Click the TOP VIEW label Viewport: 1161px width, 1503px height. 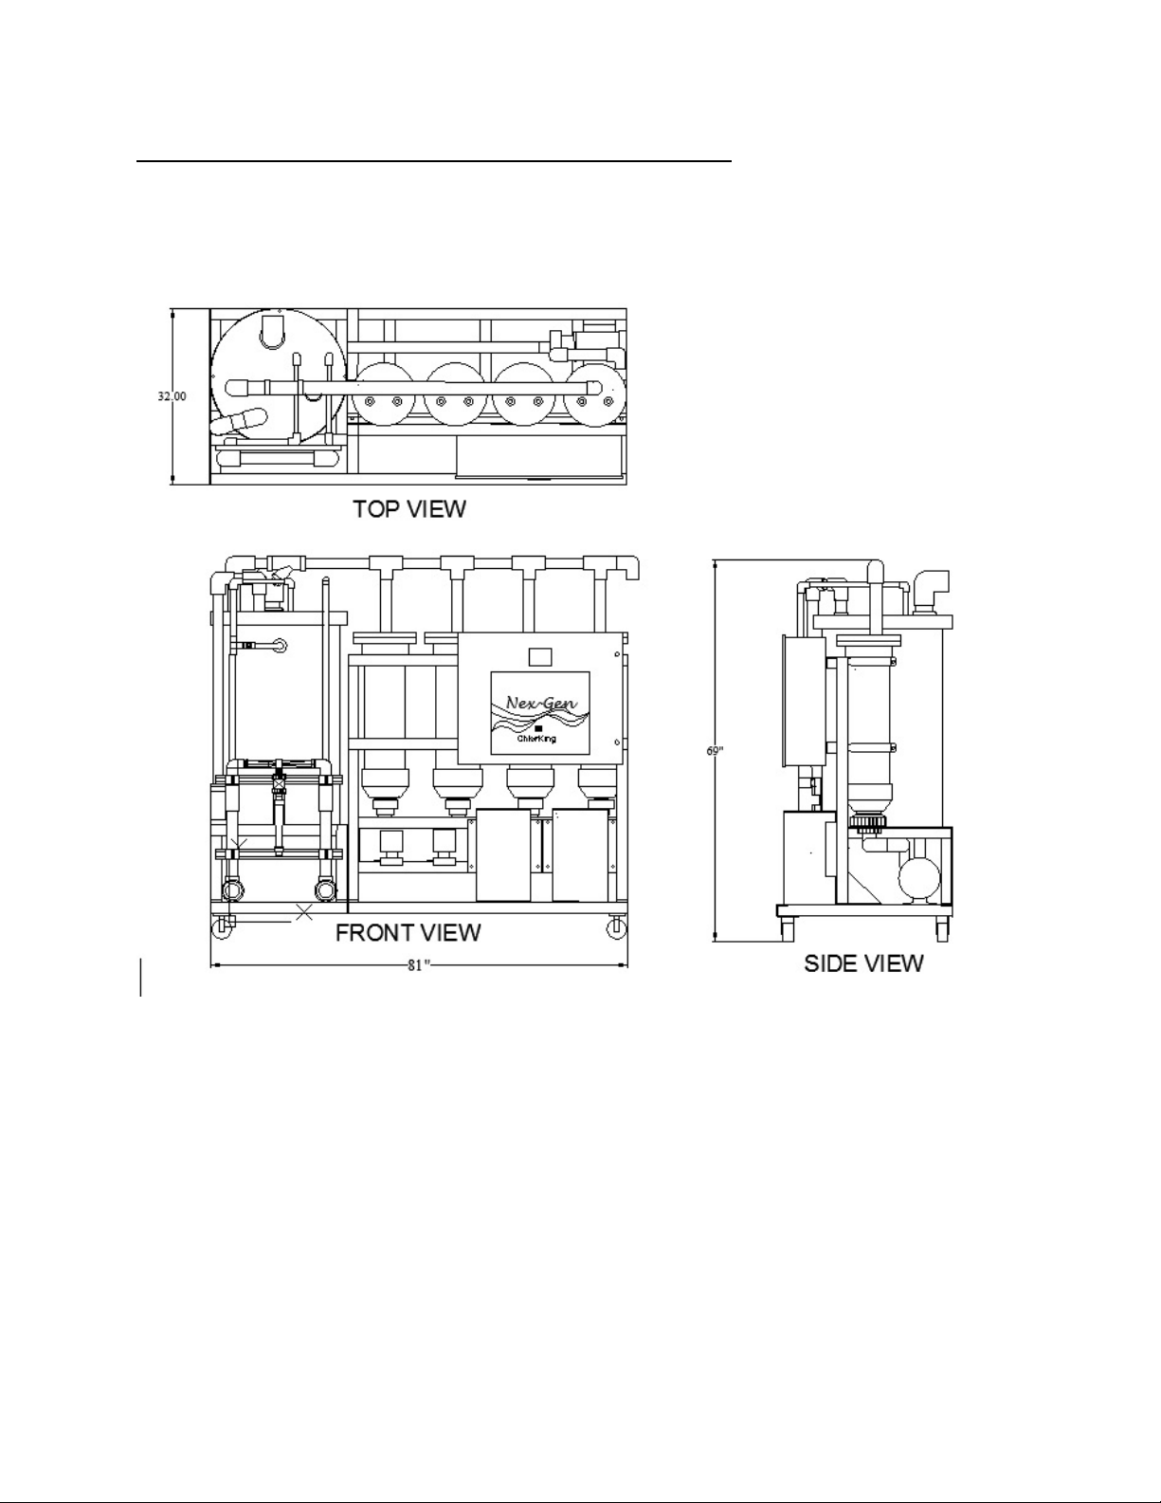[x=409, y=509]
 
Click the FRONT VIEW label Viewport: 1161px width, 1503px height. [x=408, y=933]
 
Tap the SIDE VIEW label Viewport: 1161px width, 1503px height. [x=863, y=963]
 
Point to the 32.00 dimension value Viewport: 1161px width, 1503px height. [x=172, y=396]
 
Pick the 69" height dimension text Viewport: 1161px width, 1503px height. [x=715, y=750]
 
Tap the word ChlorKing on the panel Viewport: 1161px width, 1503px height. [x=536, y=739]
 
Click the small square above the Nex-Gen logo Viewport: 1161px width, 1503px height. [x=538, y=655]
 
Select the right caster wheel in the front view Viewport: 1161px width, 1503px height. [x=615, y=928]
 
